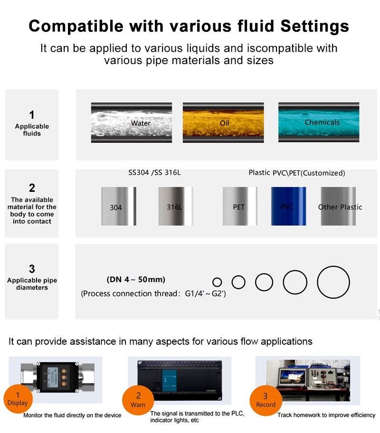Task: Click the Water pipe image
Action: (131, 122)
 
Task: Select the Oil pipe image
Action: (223, 122)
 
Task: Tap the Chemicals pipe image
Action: (319, 122)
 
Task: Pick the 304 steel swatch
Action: (119, 206)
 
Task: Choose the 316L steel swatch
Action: (175, 206)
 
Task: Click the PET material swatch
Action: (240, 206)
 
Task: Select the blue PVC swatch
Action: (288, 206)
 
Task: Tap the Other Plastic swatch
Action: (338, 206)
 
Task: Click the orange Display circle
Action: (18, 399)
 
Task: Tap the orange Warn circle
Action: (138, 400)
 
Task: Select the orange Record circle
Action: (266, 400)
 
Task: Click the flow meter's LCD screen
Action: (53, 377)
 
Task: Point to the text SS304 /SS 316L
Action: (154, 173)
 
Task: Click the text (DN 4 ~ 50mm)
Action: (136, 280)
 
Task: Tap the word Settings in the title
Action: (315, 27)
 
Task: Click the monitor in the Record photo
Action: (293, 377)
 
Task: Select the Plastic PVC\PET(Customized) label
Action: (297, 173)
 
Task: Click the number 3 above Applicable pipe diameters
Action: (32, 269)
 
